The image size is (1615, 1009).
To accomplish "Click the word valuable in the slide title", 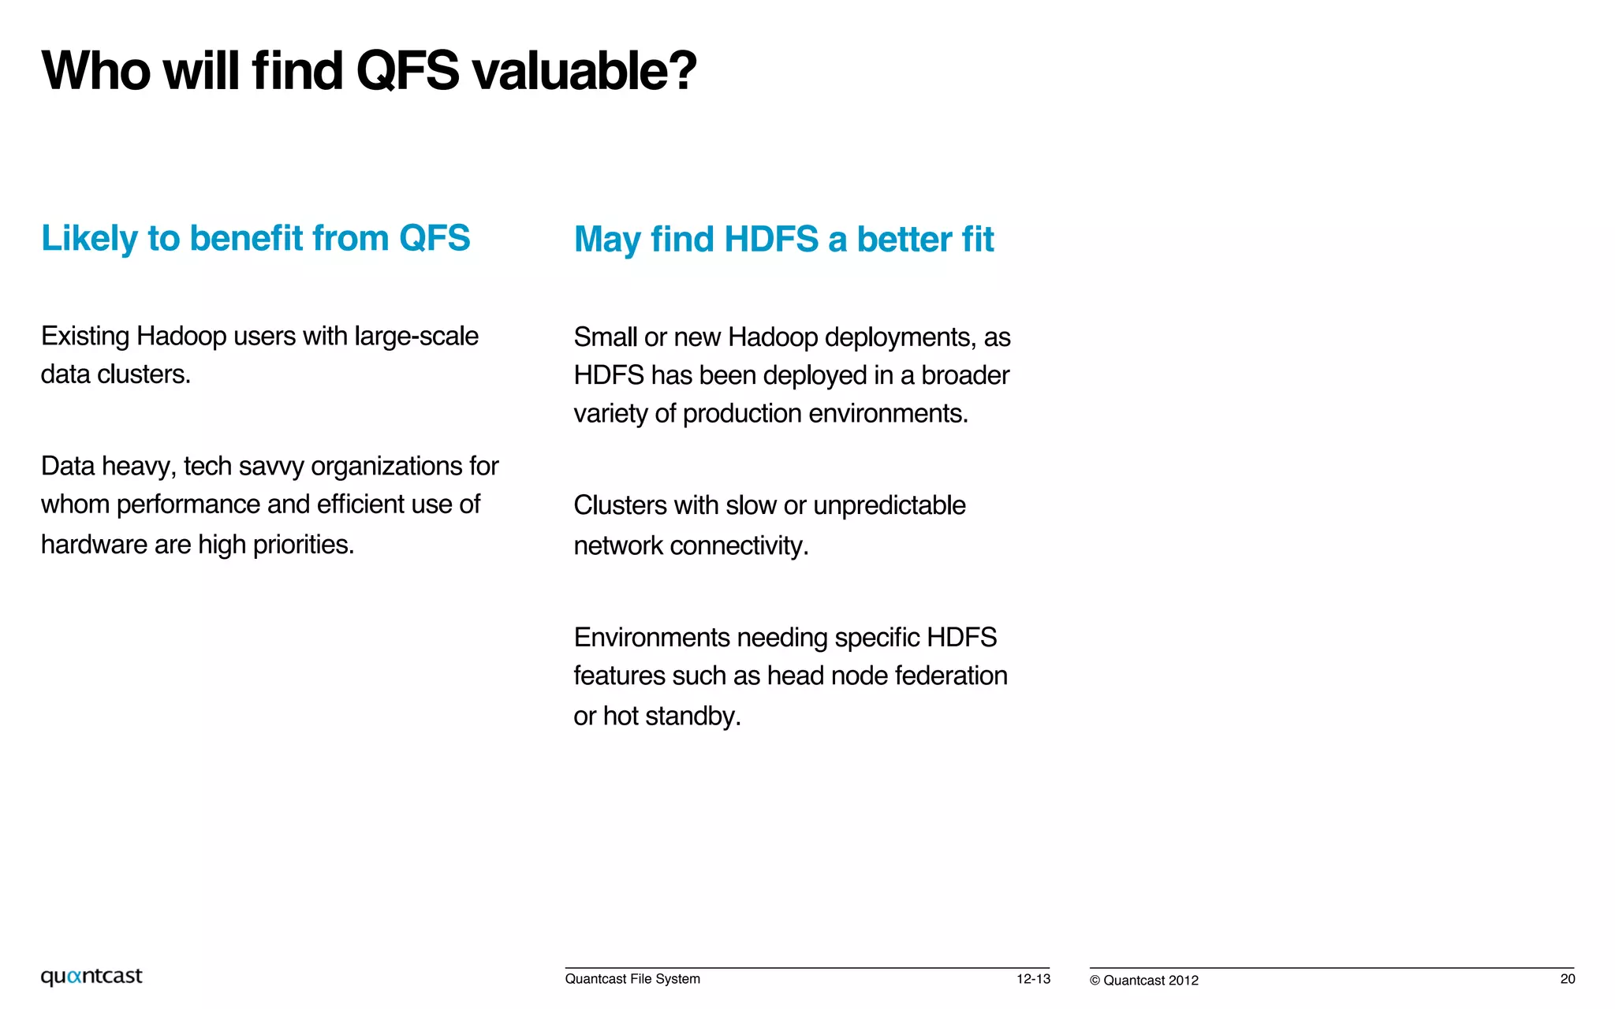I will [584, 71].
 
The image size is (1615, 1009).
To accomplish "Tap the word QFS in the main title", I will [407, 71].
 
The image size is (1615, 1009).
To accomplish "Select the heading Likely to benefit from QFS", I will [255, 238].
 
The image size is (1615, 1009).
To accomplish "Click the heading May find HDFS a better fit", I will [784, 240].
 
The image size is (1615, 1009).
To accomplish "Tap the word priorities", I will [303, 545].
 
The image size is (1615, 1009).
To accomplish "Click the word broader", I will [965, 375].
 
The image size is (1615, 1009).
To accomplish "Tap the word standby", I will [692, 717].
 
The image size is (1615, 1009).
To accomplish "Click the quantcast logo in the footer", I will [91, 977].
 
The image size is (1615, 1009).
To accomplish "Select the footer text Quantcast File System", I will [632, 979].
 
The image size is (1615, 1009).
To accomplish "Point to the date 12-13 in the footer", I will [1033, 979].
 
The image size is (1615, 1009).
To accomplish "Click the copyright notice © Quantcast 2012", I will [1143, 981].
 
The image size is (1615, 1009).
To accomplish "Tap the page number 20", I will [1567, 979].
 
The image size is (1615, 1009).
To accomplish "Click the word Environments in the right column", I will [651, 638].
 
